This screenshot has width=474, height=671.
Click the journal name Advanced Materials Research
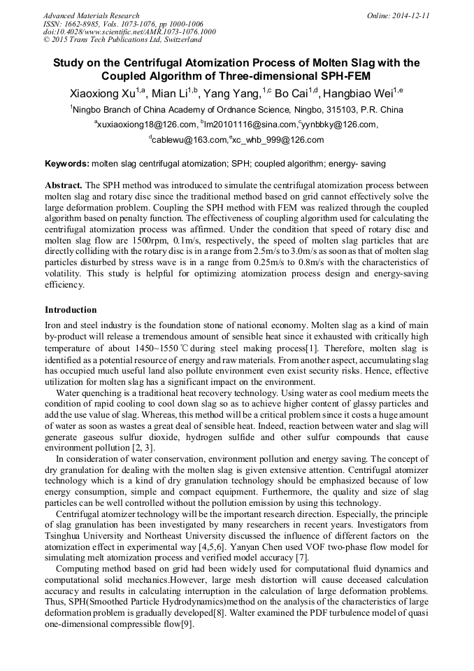pos(91,15)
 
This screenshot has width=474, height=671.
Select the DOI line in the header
pos(129,32)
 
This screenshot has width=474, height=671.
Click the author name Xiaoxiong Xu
pos(103,93)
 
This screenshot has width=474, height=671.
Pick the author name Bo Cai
pos(292,93)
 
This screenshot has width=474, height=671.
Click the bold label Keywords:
pos(66,163)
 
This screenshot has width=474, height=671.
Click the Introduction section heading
pos(71,309)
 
